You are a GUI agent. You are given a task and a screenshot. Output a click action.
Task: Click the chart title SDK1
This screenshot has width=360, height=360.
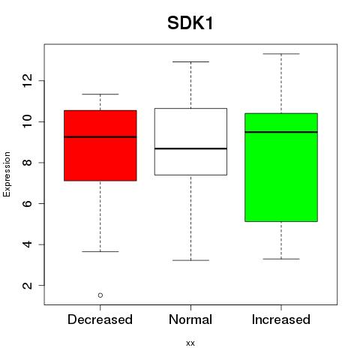coord(190,23)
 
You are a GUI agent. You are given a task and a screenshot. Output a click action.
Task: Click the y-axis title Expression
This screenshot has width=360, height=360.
coord(7,174)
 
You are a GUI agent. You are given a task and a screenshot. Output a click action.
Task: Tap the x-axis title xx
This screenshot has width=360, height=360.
coord(190,343)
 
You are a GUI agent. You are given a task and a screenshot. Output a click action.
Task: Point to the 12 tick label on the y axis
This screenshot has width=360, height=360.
coord(27,80)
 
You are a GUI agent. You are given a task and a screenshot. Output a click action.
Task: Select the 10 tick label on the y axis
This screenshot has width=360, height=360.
coord(27,121)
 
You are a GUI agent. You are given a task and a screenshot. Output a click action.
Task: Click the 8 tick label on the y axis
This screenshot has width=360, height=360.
coord(27,163)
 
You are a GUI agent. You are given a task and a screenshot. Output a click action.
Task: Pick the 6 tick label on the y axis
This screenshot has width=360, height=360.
coord(27,203)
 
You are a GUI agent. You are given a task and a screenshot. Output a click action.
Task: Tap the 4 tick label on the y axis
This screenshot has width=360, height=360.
coord(27,244)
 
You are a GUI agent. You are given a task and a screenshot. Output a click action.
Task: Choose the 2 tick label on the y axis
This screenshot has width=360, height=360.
coord(27,285)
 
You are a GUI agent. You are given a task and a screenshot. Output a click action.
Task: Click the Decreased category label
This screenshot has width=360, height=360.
coord(100,319)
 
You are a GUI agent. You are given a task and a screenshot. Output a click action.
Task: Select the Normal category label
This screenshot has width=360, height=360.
coord(190,319)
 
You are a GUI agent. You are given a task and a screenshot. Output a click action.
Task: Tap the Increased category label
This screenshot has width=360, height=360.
coord(281,319)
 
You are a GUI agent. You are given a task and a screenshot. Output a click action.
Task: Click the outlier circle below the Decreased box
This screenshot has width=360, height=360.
coord(100,295)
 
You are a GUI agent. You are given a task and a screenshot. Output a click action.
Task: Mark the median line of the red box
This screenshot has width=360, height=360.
coord(100,137)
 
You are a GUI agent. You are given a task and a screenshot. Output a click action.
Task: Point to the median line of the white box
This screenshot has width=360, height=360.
coord(190,148)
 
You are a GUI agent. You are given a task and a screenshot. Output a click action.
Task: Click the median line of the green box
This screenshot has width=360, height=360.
coord(281,132)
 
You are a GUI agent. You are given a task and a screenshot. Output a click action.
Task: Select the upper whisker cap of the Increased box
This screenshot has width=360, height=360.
coord(281,54)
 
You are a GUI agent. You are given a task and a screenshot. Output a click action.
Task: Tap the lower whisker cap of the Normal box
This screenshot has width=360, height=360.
coord(190,260)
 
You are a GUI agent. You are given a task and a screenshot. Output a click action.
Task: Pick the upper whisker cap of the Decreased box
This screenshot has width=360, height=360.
coord(100,94)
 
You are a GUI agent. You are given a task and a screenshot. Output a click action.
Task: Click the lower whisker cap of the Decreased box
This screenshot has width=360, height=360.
coord(100,251)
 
